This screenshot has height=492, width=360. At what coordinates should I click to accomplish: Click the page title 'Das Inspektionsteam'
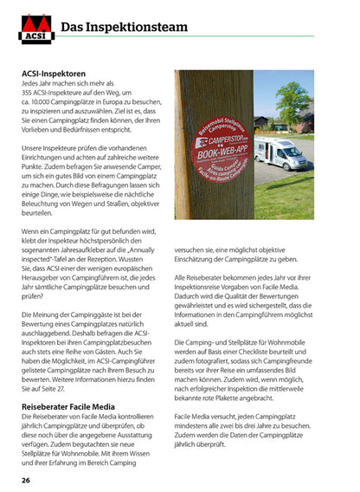point(125,28)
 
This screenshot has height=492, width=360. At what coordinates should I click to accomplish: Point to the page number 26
point(27,479)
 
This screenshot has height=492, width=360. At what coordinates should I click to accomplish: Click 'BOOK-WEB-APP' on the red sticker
point(222,147)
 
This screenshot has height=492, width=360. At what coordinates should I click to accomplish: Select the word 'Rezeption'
point(133,282)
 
